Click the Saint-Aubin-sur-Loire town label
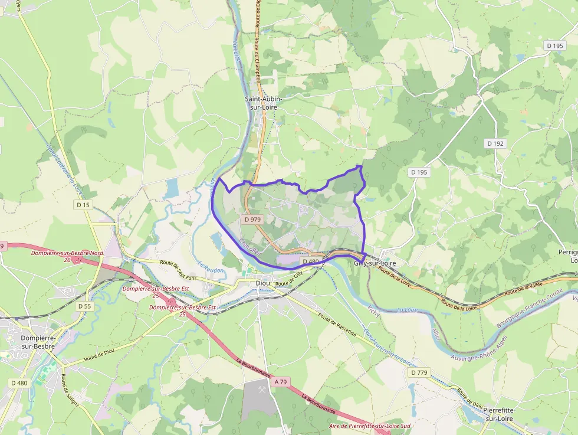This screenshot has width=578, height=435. (264, 103)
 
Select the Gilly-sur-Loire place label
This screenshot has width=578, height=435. (375, 263)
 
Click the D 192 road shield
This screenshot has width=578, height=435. (496, 143)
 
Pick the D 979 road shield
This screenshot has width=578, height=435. (252, 219)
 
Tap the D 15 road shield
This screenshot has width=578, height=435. (83, 205)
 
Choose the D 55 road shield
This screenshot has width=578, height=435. (84, 306)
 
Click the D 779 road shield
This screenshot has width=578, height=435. (419, 373)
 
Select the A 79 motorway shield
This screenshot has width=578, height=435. (281, 382)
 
